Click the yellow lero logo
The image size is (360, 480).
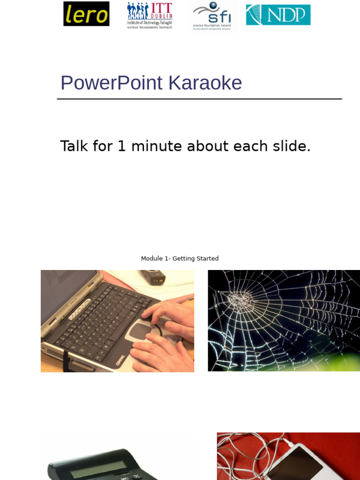(86, 14)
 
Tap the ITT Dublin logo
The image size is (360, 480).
(150, 15)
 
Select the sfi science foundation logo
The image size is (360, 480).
(212, 16)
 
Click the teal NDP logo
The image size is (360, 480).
(278, 15)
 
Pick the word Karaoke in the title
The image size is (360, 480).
(205, 83)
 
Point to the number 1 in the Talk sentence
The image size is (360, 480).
(122, 146)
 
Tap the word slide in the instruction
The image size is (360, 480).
(291, 146)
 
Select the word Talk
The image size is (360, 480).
(74, 146)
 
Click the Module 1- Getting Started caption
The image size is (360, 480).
(180, 259)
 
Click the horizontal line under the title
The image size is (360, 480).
(199, 99)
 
